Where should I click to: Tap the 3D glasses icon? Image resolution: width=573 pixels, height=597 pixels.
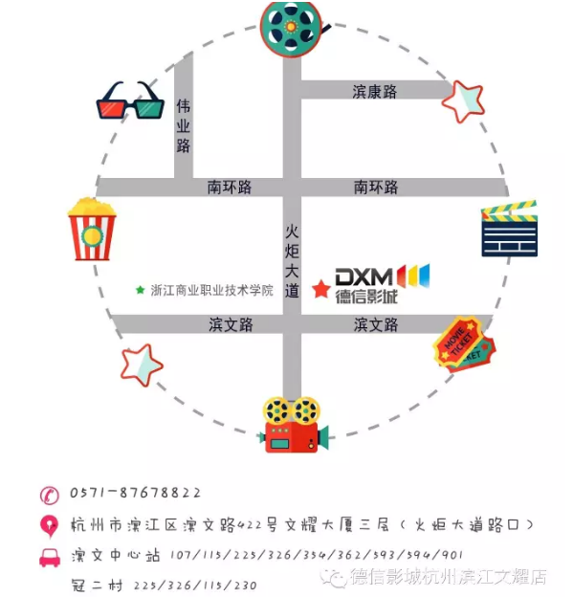(x=131, y=99)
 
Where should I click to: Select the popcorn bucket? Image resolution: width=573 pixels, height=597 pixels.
(x=92, y=229)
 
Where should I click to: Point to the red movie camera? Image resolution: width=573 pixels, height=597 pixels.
(x=293, y=425)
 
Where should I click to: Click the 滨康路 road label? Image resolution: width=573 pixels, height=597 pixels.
(x=375, y=92)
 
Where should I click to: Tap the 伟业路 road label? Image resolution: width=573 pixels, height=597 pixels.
(x=183, y=126)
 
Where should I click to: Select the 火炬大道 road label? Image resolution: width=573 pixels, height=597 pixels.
(x=292, y=261)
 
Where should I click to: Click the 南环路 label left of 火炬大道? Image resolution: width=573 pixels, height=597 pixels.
(x=230, y=188)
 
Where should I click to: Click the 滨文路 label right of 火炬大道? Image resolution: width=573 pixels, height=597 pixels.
(x=376, y=324)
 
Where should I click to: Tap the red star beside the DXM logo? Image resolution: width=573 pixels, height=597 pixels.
(x=321, y=289)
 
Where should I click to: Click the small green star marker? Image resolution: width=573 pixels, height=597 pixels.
(x=140, y=290)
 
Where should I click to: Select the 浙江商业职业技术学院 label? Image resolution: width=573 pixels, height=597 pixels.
(x=212, y=290)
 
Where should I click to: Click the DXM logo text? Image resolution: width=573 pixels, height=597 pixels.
(x=364, y=276)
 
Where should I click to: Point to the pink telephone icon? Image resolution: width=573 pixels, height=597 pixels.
(x=50, y=495)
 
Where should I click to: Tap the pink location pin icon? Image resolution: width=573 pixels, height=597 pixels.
(x=50, y=526)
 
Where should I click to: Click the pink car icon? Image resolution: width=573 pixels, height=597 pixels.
(x=50, y=558)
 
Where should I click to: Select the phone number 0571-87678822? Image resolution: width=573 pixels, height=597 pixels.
(x=135, y=493)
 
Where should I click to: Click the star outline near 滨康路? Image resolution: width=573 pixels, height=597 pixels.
(x=463, y=101)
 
